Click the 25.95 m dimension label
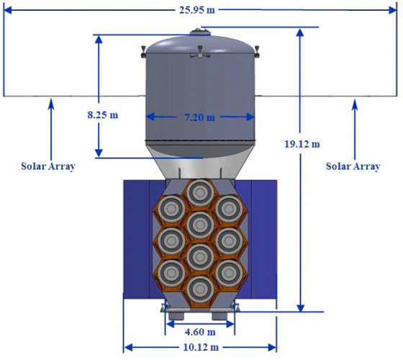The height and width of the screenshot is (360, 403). point(197,10)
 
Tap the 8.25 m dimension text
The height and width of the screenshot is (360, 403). point(103,114)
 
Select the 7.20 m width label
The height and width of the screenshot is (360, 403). point(200,117)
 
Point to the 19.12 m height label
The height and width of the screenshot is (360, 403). point(302,144)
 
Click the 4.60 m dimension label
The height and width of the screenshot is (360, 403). point(200,332)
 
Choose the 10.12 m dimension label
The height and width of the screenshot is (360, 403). point(201,347)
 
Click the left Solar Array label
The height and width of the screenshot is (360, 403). point(48,166)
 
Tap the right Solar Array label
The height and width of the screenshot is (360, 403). point(353,166)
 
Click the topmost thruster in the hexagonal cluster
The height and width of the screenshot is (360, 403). point(200,193)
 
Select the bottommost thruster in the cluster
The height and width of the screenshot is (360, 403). point(200,289)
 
